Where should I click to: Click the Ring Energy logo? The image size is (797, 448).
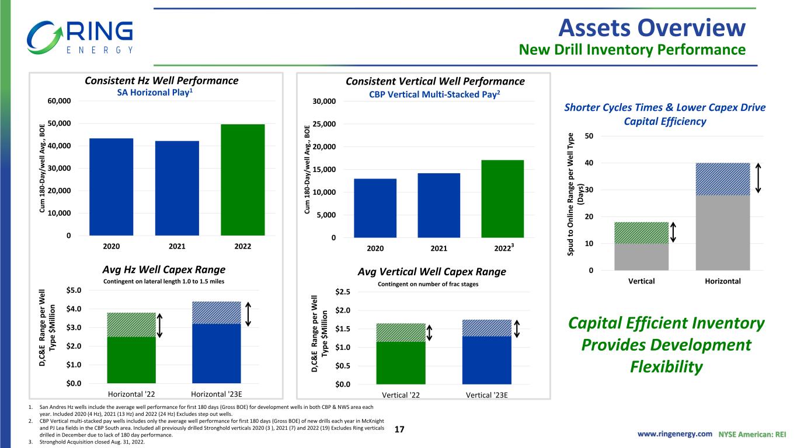80,37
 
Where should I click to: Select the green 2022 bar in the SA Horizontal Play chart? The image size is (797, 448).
243,180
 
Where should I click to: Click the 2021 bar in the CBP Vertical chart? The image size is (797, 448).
438,205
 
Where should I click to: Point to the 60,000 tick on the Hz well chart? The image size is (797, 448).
59,101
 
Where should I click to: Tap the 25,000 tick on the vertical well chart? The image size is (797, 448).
324,124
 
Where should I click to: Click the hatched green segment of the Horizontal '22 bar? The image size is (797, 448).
131,324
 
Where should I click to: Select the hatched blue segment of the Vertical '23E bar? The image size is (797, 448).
487,328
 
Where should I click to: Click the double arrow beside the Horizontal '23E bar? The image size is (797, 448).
248,314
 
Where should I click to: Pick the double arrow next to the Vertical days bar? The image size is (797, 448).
673,233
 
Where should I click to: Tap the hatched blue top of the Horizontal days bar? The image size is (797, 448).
723,179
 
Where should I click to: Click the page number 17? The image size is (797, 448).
399,429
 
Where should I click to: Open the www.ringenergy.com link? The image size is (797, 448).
674,434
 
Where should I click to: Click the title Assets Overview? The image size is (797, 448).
652,28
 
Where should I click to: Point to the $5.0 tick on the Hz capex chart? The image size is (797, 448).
74,290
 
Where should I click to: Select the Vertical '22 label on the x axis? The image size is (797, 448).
401,395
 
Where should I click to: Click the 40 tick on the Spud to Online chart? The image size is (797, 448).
589,163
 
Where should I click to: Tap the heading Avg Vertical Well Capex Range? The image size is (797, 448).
431,272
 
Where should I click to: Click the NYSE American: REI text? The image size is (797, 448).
752,435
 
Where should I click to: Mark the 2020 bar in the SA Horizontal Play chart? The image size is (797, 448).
111,187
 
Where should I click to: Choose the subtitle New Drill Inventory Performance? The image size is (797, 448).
632,50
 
